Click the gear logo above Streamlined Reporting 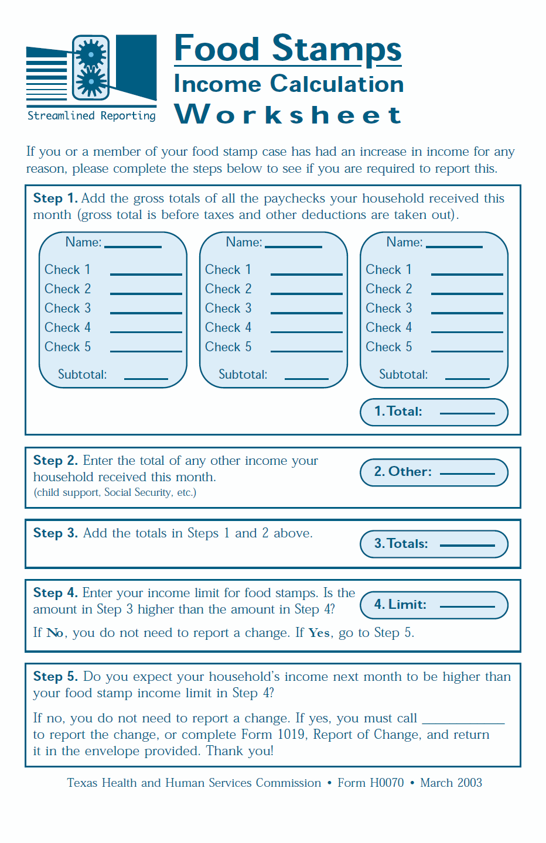point(91,68)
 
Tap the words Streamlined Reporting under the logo point(91,116)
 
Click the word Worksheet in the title point(288,115)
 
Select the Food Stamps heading point(288,49)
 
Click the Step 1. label point(55,198)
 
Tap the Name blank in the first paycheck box point(132,246)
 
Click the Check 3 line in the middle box point(306,312)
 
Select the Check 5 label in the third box point(388,347)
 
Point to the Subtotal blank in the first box point(146,378)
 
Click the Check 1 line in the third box point(467,273)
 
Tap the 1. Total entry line point(467,413)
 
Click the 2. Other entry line point(467,473)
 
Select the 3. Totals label point(401,544)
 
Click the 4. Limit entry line point(467,606)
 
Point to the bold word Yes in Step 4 point(319,633)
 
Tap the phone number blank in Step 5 point(463,721)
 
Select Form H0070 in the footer point(371,783)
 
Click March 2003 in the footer point(451,783)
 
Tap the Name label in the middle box point(244,242)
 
